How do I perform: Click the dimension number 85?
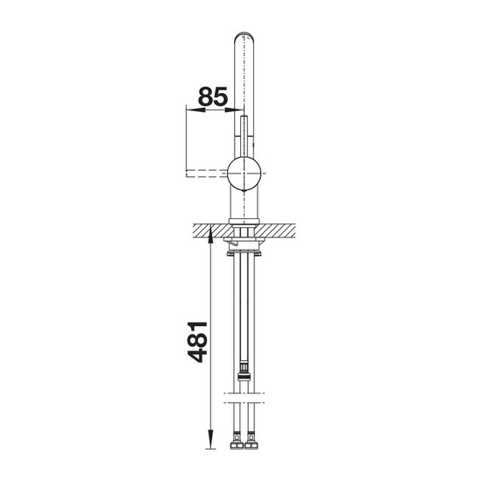coord(213,96)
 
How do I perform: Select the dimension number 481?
coord(197,342)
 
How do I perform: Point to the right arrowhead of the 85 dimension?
coord(234,110)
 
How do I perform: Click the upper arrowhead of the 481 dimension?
coord(210,234)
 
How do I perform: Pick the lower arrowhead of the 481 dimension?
coord(210,440)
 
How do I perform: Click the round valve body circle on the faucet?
coord(245,173)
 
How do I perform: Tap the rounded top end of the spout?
coord(245,36)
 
